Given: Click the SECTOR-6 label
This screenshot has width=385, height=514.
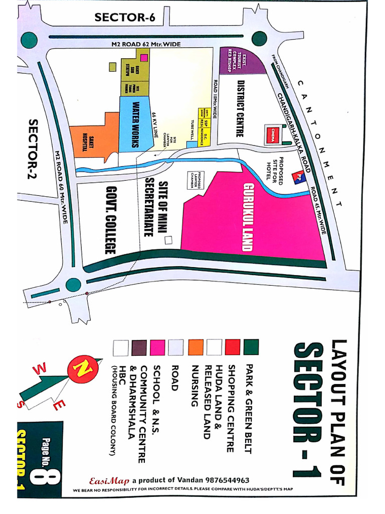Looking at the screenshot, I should click(x=125, y=18).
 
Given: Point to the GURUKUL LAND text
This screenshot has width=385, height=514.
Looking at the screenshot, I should click(x=248, y=217).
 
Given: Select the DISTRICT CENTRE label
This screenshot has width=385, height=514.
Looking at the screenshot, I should click(x=240, y=108).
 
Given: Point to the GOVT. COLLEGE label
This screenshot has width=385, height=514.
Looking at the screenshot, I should click(x=110, y=220).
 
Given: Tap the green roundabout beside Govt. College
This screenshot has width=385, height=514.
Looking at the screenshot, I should click(x=73, y=285).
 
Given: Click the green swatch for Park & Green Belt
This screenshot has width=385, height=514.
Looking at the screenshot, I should click(x=251, y=346).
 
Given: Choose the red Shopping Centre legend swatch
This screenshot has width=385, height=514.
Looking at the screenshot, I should click(x=232, y=346).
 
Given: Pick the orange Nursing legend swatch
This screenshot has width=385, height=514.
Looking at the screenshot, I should click(x=196, y=346).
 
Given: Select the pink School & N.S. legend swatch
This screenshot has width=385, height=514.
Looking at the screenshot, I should click(x=158, y=346).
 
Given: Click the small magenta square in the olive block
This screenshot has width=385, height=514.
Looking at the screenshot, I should click(x=144, y=58).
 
